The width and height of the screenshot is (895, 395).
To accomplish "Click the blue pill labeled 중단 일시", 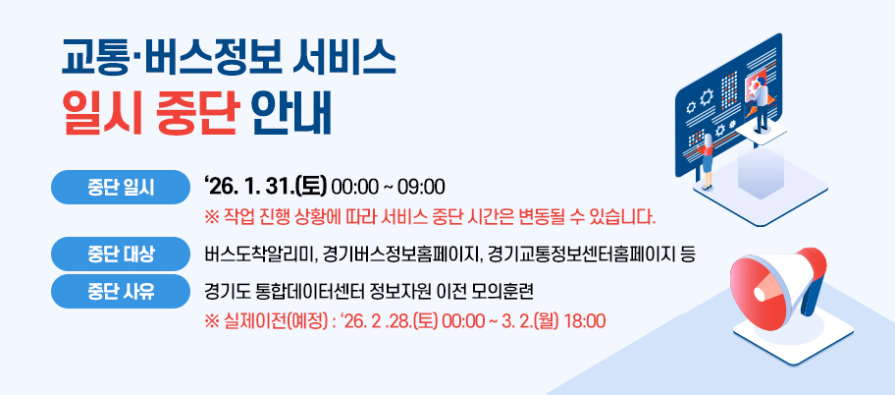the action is coord(121,187).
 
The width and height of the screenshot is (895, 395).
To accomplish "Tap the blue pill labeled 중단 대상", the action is coord(121,254).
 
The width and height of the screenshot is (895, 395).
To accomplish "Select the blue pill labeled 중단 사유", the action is coord(121,292).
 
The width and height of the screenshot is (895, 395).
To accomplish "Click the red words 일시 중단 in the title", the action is coord(150,116).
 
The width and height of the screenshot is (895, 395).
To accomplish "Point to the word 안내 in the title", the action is coord(290,116).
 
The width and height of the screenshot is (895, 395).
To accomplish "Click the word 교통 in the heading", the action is coord(97,59).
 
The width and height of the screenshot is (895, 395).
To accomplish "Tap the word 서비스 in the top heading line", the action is coord(343,59).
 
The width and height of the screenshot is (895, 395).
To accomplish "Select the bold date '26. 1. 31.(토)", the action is coord(264,187).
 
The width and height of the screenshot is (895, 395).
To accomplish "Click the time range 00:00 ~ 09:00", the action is coord(388,187).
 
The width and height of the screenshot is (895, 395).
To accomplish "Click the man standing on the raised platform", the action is coord(760,104).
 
